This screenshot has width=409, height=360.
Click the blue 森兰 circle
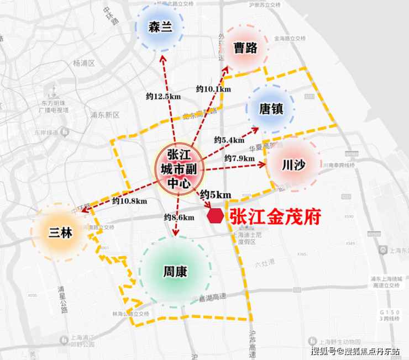[160, 27]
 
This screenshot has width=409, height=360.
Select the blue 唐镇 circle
[271, 109]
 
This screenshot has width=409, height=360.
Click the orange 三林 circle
[60, 232]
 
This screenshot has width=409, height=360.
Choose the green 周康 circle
[175, 272]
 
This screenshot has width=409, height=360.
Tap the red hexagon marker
[215, 216]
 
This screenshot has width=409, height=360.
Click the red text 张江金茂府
[275, 216]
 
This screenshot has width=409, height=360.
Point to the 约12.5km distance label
[163, 96]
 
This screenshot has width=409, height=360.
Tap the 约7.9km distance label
[239, 159]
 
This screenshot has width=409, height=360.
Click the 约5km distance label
[215, 195]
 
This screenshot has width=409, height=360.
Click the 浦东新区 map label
[104, 115]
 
